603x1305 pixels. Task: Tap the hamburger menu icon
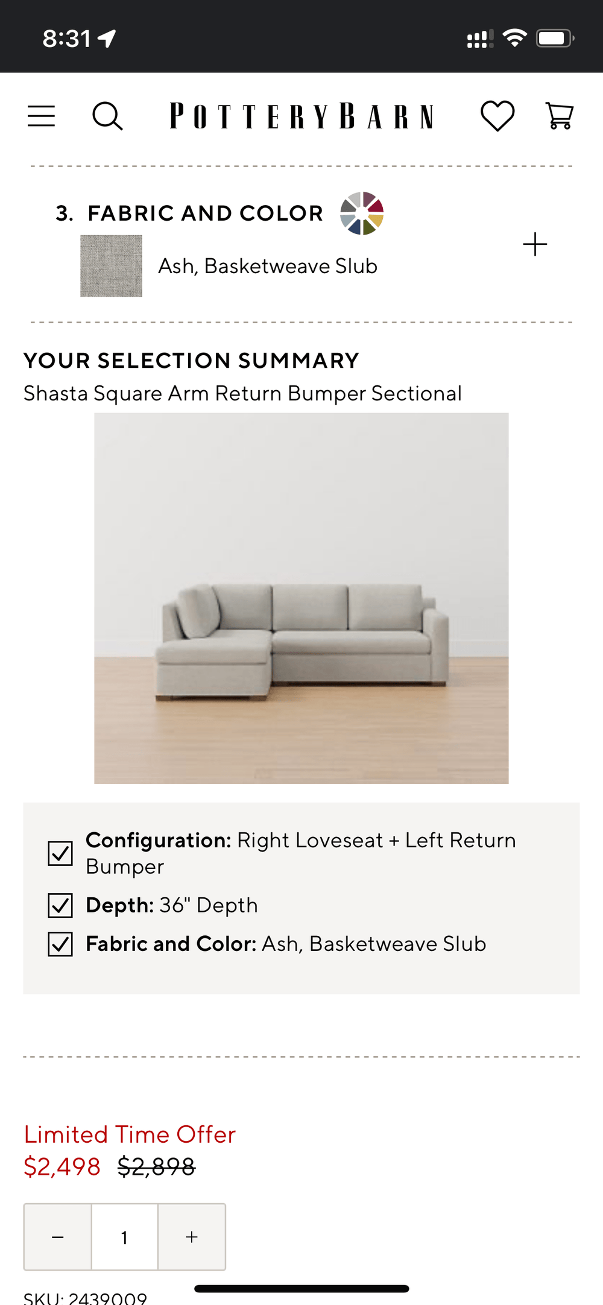pos(41,116)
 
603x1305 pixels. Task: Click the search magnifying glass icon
pos(107,116)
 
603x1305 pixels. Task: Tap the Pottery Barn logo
pos(301,116)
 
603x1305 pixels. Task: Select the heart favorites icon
pos(497,115)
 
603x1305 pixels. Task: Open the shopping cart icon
pos(560,115)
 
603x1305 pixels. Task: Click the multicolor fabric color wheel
pos(362,213)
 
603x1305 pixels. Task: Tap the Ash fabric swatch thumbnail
pos(112,266)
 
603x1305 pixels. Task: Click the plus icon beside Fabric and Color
pos(535,244)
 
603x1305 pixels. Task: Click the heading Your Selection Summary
pos(191,361)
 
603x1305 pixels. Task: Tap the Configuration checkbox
pos(60,853)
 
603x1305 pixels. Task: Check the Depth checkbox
pos(60,905)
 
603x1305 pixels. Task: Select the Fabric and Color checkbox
pos(60,944)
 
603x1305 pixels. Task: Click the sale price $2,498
pos(62,1167)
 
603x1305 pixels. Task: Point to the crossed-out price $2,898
pos(156,1167)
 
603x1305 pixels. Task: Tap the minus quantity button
pos(58,1237)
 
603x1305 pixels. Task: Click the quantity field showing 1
pos(125,1237)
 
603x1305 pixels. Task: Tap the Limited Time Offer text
pos(130,1134)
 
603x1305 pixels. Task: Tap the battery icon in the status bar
pos(555,39)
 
